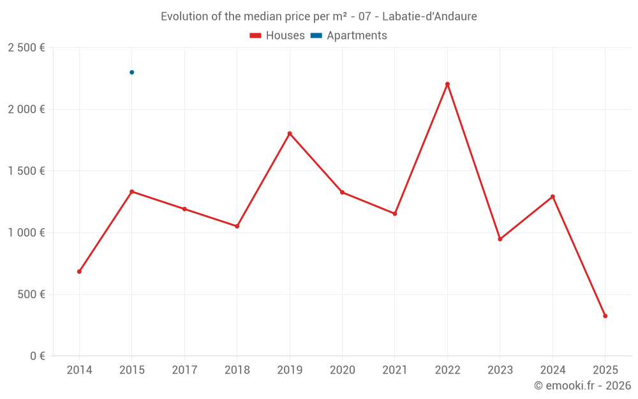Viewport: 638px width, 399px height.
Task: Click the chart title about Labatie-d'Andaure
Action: click(x=318, y=17)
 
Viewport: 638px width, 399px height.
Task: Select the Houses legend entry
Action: click(x=277, y=36)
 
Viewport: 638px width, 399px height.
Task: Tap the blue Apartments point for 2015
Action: click(x=132, y=72)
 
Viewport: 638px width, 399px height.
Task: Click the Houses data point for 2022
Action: click(x=447, y=84)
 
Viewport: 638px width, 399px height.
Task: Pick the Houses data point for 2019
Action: click(x=290, y=133)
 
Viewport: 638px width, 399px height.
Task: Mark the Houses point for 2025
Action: click(x=605, y=316)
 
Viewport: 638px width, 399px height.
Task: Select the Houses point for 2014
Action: click(x=79, y=271)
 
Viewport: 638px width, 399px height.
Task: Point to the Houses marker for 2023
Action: click(x=500, y=239)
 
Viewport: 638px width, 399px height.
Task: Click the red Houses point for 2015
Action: click(x=132, y=192)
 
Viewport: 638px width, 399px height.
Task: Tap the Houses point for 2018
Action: click(x=237, y=226)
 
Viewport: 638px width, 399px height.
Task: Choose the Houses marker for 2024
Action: click(x=553, y=197)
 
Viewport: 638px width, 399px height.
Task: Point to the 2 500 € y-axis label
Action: click(x=26, y=48)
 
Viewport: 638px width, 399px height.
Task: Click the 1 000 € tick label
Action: click(x=26, y=233)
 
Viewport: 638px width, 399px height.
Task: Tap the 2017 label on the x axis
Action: click(x=184, y=370)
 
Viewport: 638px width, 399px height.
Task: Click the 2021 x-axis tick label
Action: click(x=395, y=370)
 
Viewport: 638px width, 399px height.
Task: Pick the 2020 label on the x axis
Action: click(x=342, y=370)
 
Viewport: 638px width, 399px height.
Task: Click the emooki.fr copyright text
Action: click(x=582, y=386)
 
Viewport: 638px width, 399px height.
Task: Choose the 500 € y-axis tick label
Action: click(x=29, y=294)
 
